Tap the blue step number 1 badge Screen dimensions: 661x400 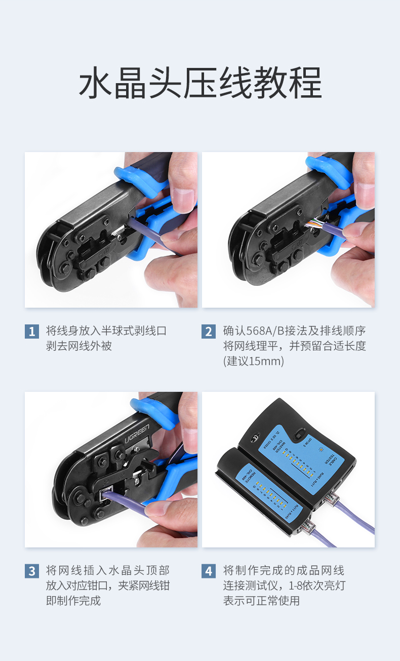point(31,332)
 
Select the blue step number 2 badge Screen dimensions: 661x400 point(209,332)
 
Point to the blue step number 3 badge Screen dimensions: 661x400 point(31,571)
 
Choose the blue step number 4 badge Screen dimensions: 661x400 point(209,571)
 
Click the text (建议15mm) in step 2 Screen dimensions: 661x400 point(254,361)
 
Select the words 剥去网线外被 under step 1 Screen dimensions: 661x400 point(78,346)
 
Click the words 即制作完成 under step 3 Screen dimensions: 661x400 point(73,601)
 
